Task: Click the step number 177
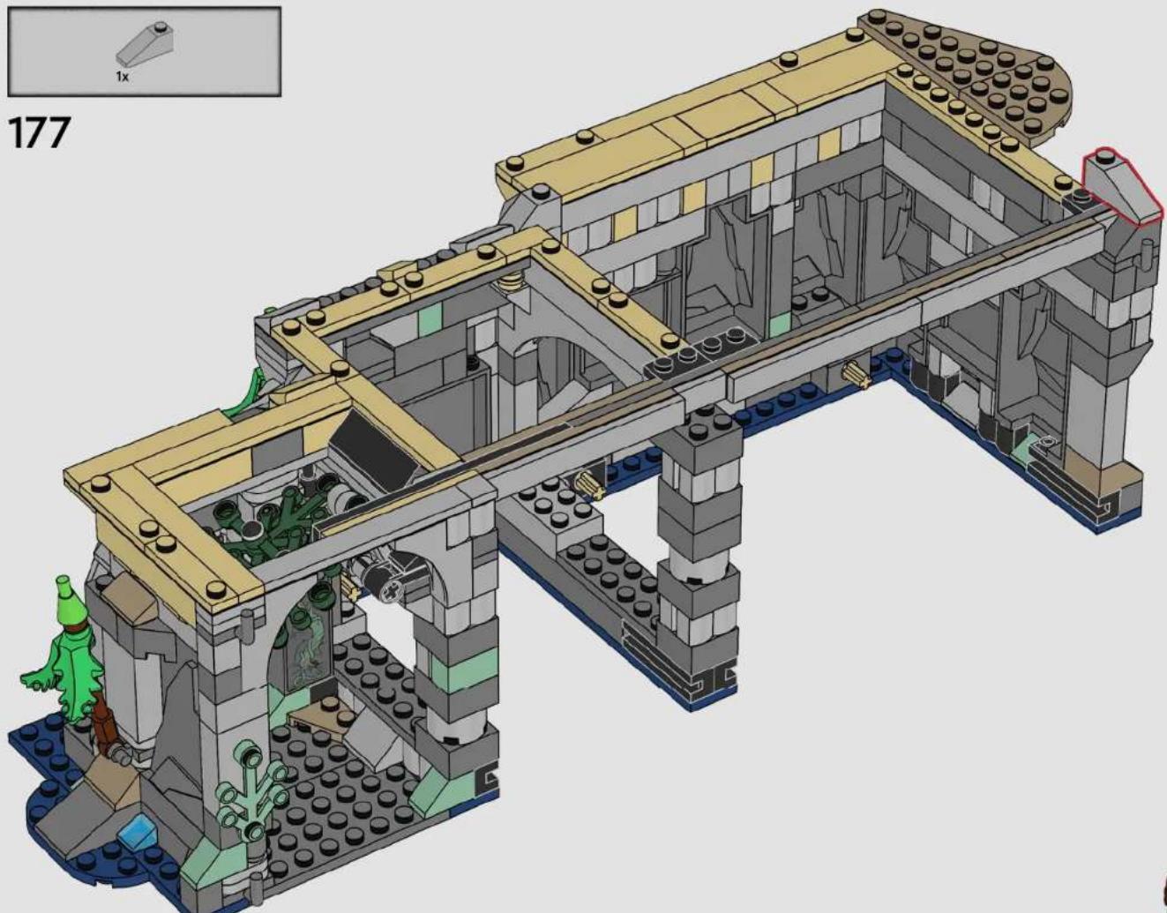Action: tap(40, 131)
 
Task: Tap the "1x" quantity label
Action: tap(123, 77)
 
